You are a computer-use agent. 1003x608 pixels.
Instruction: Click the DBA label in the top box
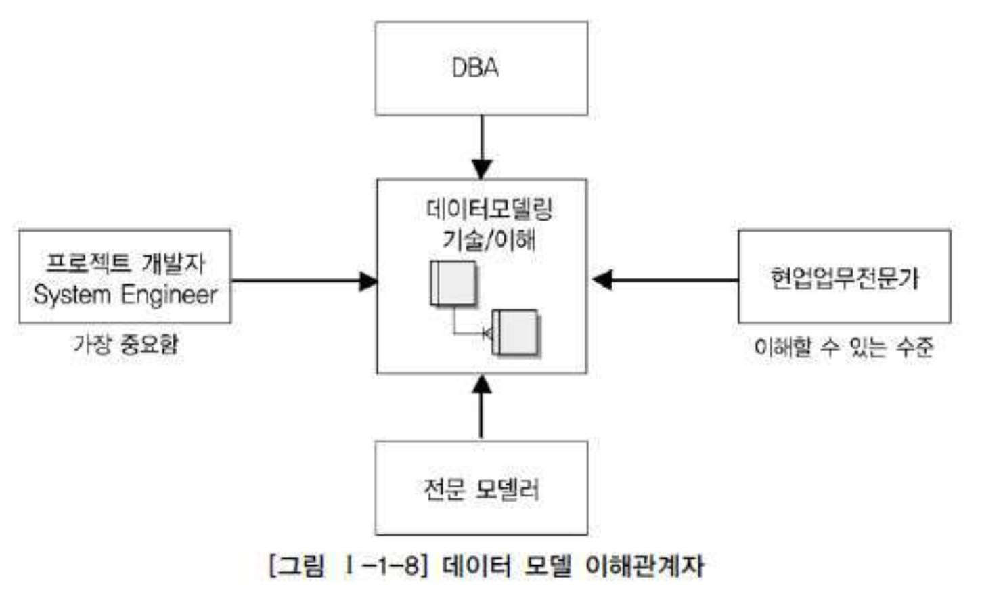point(475,68)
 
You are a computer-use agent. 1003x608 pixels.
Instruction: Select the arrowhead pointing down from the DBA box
point(482,169)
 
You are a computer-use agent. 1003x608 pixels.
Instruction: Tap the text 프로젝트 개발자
point(125,263)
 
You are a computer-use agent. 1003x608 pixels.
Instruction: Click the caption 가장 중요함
point(125,345)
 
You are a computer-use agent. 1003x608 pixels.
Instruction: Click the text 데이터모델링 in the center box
point(489,209)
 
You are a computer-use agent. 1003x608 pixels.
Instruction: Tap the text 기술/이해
point(489,239)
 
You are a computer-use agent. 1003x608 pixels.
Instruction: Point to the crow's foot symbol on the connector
point(487,333)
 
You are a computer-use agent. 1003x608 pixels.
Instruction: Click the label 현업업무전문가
point(844,278)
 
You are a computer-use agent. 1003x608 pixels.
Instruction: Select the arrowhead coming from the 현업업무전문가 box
point(602,280)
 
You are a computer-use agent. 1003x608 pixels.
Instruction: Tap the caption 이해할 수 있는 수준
point(843,347)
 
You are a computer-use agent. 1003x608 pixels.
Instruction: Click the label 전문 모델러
point(481,488)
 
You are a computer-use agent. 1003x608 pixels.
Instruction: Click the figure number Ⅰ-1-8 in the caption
point(382,565)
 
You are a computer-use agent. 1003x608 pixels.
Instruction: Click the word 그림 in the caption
point(302,565)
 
